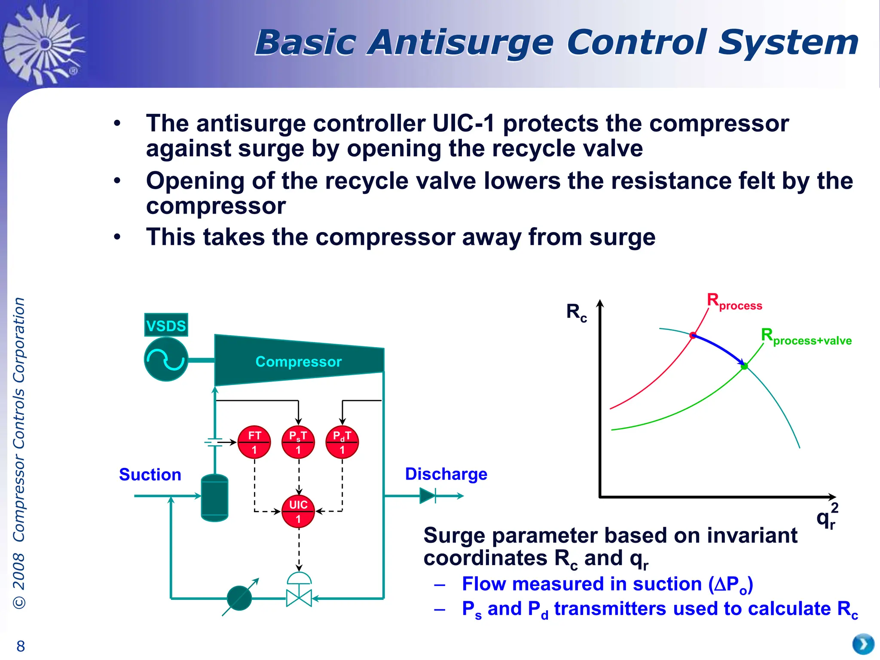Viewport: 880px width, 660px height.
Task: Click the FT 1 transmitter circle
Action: pos(254,442)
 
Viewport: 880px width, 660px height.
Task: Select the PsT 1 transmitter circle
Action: pos(298,442)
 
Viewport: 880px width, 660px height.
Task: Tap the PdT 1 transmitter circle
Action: pos(342,442)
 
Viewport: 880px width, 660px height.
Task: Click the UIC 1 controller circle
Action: pos(298,511)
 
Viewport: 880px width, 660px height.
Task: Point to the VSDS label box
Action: pos(166,325)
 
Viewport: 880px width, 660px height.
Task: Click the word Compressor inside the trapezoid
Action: pos(298,361)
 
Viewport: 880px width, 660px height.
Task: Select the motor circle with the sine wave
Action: pos(166,359)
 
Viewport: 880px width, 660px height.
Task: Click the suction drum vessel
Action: pos(214,498)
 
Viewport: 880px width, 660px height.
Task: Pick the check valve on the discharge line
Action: pos(428,496)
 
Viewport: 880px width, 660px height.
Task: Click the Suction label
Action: pos(150,474)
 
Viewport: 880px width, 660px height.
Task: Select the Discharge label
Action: pos(446,474)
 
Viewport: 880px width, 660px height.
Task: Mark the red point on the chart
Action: pos(693,335)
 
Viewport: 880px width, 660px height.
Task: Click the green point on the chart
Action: pos(744,366)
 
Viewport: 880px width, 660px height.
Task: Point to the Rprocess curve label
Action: pos(734,302)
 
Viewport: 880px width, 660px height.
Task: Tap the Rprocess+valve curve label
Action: pos(806,336)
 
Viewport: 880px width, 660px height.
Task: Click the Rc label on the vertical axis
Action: pos(576,312)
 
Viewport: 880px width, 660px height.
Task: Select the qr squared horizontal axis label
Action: pos(827,516)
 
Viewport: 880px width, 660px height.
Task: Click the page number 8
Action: pos(21,646)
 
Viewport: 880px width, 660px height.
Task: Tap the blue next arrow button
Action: pos(863,644)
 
